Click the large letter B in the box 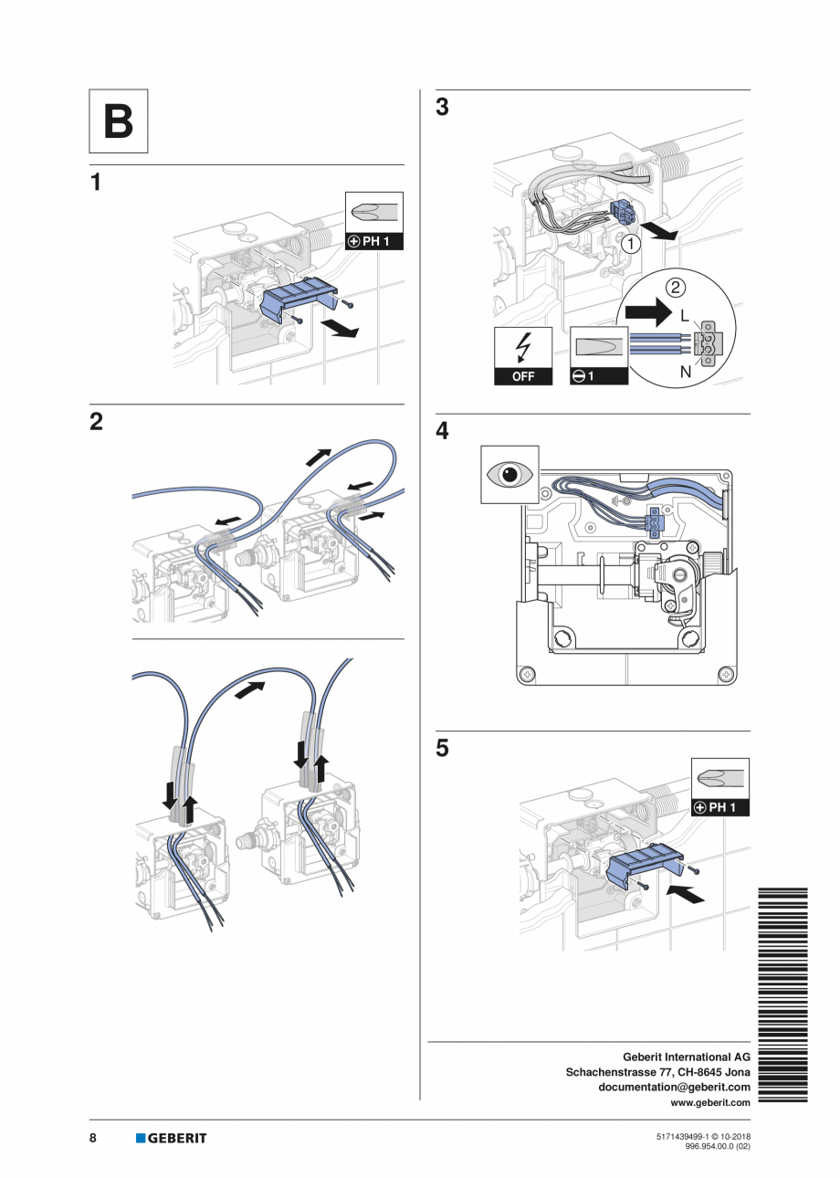118,121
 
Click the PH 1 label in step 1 373,242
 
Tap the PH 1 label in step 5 720,808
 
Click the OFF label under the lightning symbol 523,376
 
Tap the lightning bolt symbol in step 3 523,347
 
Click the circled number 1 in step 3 631,244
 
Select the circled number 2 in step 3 675,289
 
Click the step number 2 96,423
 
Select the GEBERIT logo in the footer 172,1138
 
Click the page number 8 93,1138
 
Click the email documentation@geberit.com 674,1087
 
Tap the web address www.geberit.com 710,1102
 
